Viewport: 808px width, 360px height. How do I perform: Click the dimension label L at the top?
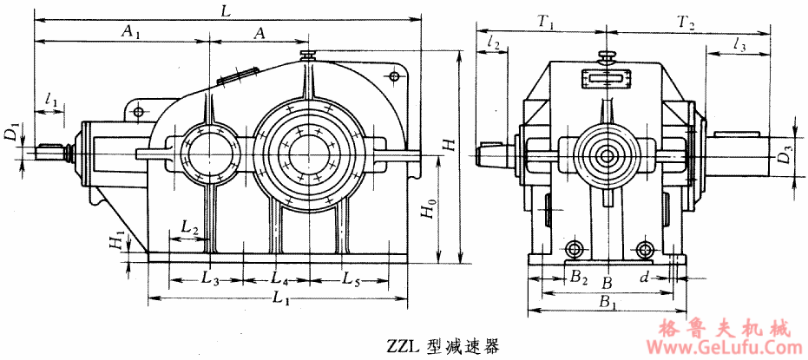coord(227,11)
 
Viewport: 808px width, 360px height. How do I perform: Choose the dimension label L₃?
coord(208,279)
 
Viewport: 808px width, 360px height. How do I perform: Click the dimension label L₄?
coord(279,279)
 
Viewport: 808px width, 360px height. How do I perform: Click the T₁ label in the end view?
coord(546,23)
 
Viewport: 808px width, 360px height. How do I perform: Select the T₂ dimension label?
coord(685,23)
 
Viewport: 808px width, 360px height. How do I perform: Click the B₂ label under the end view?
coord(579,279)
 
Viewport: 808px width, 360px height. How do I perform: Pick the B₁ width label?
coord(608,303)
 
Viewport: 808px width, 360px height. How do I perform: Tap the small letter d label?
coord(643,278)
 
